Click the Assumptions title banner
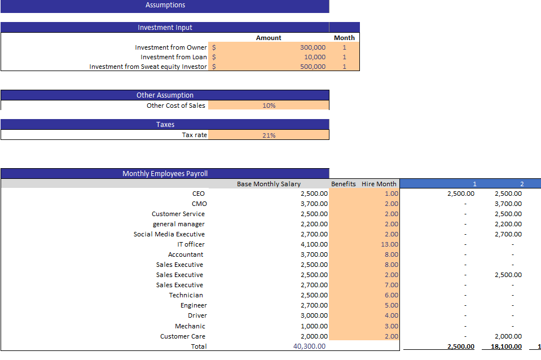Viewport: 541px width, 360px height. click(x=165, y=5)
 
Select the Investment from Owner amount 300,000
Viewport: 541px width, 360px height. click(x=313, y=47)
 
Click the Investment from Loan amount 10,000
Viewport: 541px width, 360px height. click(x=315, y=57)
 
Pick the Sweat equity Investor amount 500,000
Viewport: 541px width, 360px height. click(x=313, y=67)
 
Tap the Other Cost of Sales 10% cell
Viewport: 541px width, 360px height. click(x=269, y=106)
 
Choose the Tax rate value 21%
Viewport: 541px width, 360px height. click(x=269, y=135)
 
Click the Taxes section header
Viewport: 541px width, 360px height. click(x=165, y=125)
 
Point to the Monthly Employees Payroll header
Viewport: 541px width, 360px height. click(x=165, y=174)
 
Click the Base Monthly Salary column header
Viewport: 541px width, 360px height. click(x=269, y=184)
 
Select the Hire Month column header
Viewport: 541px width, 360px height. click(x=379, y=184)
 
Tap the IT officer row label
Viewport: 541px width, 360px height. click(x=191, y=244)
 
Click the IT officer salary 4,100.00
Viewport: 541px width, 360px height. click(x=314, y=244)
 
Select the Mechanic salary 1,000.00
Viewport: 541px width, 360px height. click(x=314, y=326)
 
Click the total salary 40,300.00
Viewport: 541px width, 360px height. click(x=309, y=346)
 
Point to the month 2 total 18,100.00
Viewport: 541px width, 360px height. click(x=508, y=346)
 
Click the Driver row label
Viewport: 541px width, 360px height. click(x=197, y=315)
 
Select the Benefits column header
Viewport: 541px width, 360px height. click(x=343, y=184)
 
